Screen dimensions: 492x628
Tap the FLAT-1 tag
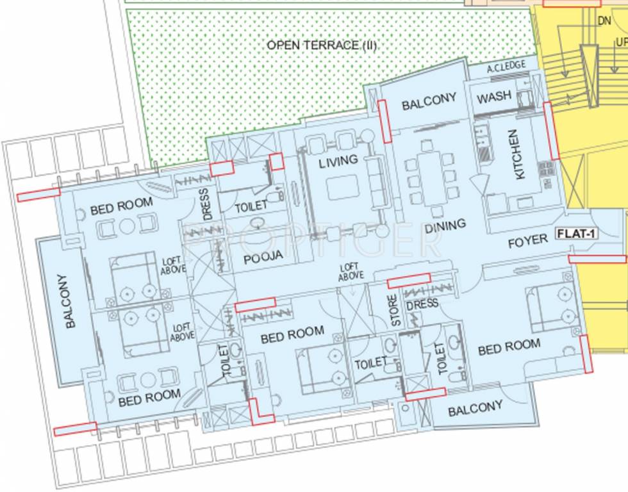tap(576, 234)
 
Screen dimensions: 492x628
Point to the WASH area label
tap(494, 97)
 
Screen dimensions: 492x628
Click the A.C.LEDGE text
tap(506, 66)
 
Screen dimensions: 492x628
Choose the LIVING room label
tap(338, 160)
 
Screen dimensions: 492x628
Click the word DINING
tap(445, 226)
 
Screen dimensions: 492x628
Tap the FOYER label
tap(527, 241)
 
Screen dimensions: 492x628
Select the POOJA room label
tap(263, 256)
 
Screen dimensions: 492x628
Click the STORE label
tap(395, 309)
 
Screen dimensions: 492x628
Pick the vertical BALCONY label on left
tap(70, 301)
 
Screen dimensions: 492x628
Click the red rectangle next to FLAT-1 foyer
tap(597, 259)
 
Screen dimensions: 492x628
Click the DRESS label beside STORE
tap(422, 303)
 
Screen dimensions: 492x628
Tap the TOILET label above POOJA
tap(251, 206)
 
